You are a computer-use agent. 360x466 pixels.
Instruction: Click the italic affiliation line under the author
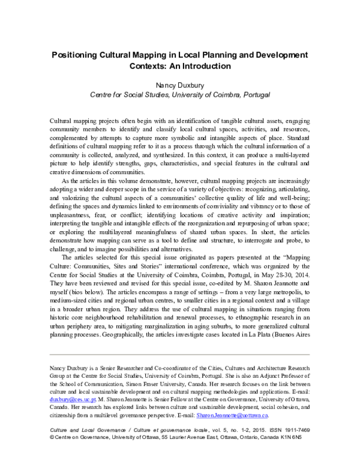click(x=180, y=94)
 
